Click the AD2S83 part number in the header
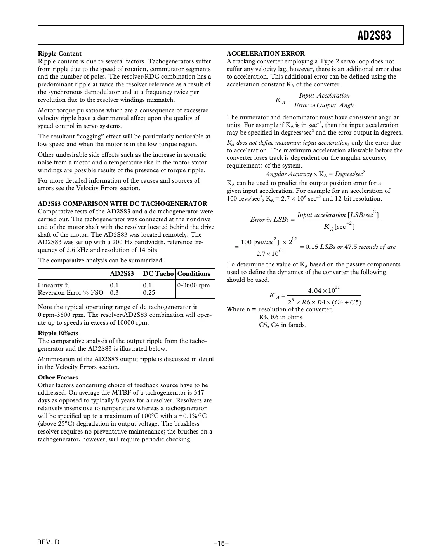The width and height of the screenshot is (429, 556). coord(374,36)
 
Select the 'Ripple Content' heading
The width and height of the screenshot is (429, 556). coord(59,54)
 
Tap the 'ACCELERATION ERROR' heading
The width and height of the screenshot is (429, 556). coord(266,54)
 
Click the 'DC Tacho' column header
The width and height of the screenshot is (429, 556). coord(158,274)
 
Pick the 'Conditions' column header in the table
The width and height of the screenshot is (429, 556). coord(193,274)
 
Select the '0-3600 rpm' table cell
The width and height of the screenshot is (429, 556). coord(193,285)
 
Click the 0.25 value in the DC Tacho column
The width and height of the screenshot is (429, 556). coord(149,293)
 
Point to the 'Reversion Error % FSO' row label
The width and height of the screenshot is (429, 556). coord(71,293)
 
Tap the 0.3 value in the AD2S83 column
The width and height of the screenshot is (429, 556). coord(114,293)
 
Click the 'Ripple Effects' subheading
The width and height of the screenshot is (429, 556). coord(58,333)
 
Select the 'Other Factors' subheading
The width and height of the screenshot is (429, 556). coord(58,378)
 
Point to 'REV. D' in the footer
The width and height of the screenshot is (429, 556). coord(49,542)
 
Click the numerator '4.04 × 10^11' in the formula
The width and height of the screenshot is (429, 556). coord(324,290)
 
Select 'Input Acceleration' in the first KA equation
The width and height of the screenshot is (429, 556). coord(324,96)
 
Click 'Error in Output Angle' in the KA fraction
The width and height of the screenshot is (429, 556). coord(324,105)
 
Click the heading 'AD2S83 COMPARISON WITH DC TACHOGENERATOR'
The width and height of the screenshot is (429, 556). coord(122,204)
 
